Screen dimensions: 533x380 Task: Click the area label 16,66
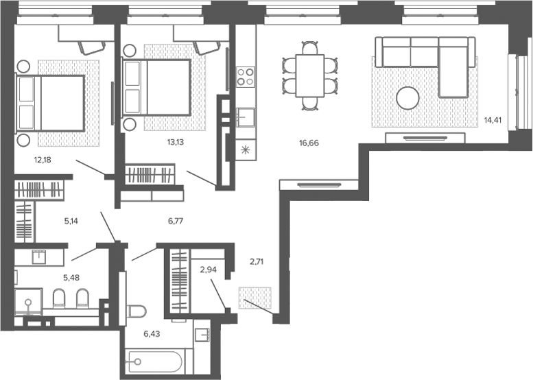pyautogui.click(x=309, y=143)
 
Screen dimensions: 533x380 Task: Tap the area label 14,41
pyautogui.click(x=493, y=120)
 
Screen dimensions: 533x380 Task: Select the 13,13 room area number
pyautogui.click(x=176, y=142)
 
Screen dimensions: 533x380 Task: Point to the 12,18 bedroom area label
pyautogui.click(x=43, y=160)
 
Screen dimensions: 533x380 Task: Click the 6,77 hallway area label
pyautogui.click(x=176, y=222)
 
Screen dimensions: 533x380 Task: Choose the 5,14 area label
pyautogui.click(x=71, y=222)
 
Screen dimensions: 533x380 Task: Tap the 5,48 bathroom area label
pyautogui.click(x=71, y=278)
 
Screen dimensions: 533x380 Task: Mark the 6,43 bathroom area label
pyautogui.click(x=152, y=334)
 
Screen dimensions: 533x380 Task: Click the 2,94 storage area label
pyautogui.click(x=209, y=270)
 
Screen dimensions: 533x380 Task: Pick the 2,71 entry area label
pyautogui.click(x=257, y=262)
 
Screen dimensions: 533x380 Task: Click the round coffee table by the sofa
pyautogui.click(x=407, y=98)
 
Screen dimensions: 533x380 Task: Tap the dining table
pyautogui.click(x=309, y=76)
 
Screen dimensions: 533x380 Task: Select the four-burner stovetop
pyautogui.click(x=246, y=76)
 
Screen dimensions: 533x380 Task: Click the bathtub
pyautogui.click(x=156, y=362)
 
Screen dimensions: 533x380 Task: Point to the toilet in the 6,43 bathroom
pyautogui.click(x=137, y=311)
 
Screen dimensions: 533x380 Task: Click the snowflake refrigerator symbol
pyautogui.click(x=246, y=150)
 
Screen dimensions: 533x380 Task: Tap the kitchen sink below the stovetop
pyautogui.click(x=246, y=117)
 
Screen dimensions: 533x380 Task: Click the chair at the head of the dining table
pyautogui.click(x=310, y=47)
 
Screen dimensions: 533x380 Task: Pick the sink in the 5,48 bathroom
pyautogui.click(x=38, y=257)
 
